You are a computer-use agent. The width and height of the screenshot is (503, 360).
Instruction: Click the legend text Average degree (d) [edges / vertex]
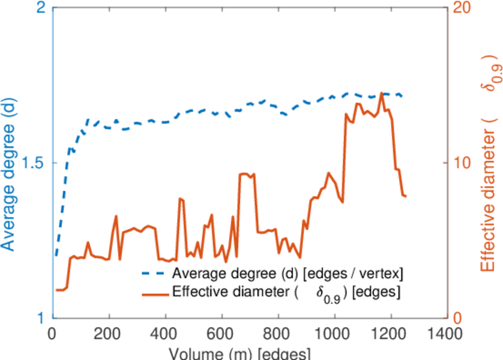tap(287, 274)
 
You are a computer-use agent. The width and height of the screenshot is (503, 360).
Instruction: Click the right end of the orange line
tap(406, 196)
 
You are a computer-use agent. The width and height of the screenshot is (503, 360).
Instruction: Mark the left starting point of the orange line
tap(56, 290)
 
